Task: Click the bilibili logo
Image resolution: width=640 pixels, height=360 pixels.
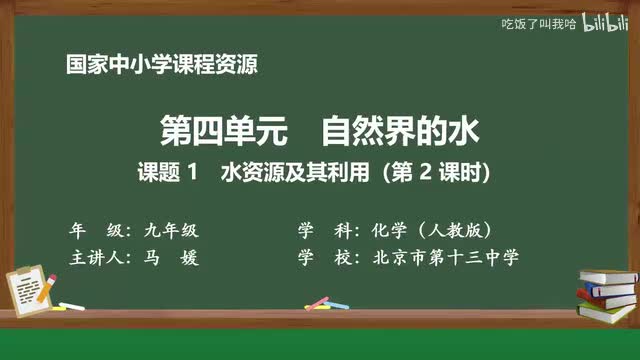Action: coord(602,23)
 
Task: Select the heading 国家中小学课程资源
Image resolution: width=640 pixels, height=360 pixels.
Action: coord(161,66)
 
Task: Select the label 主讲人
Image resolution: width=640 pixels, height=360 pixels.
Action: coord(94,257)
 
